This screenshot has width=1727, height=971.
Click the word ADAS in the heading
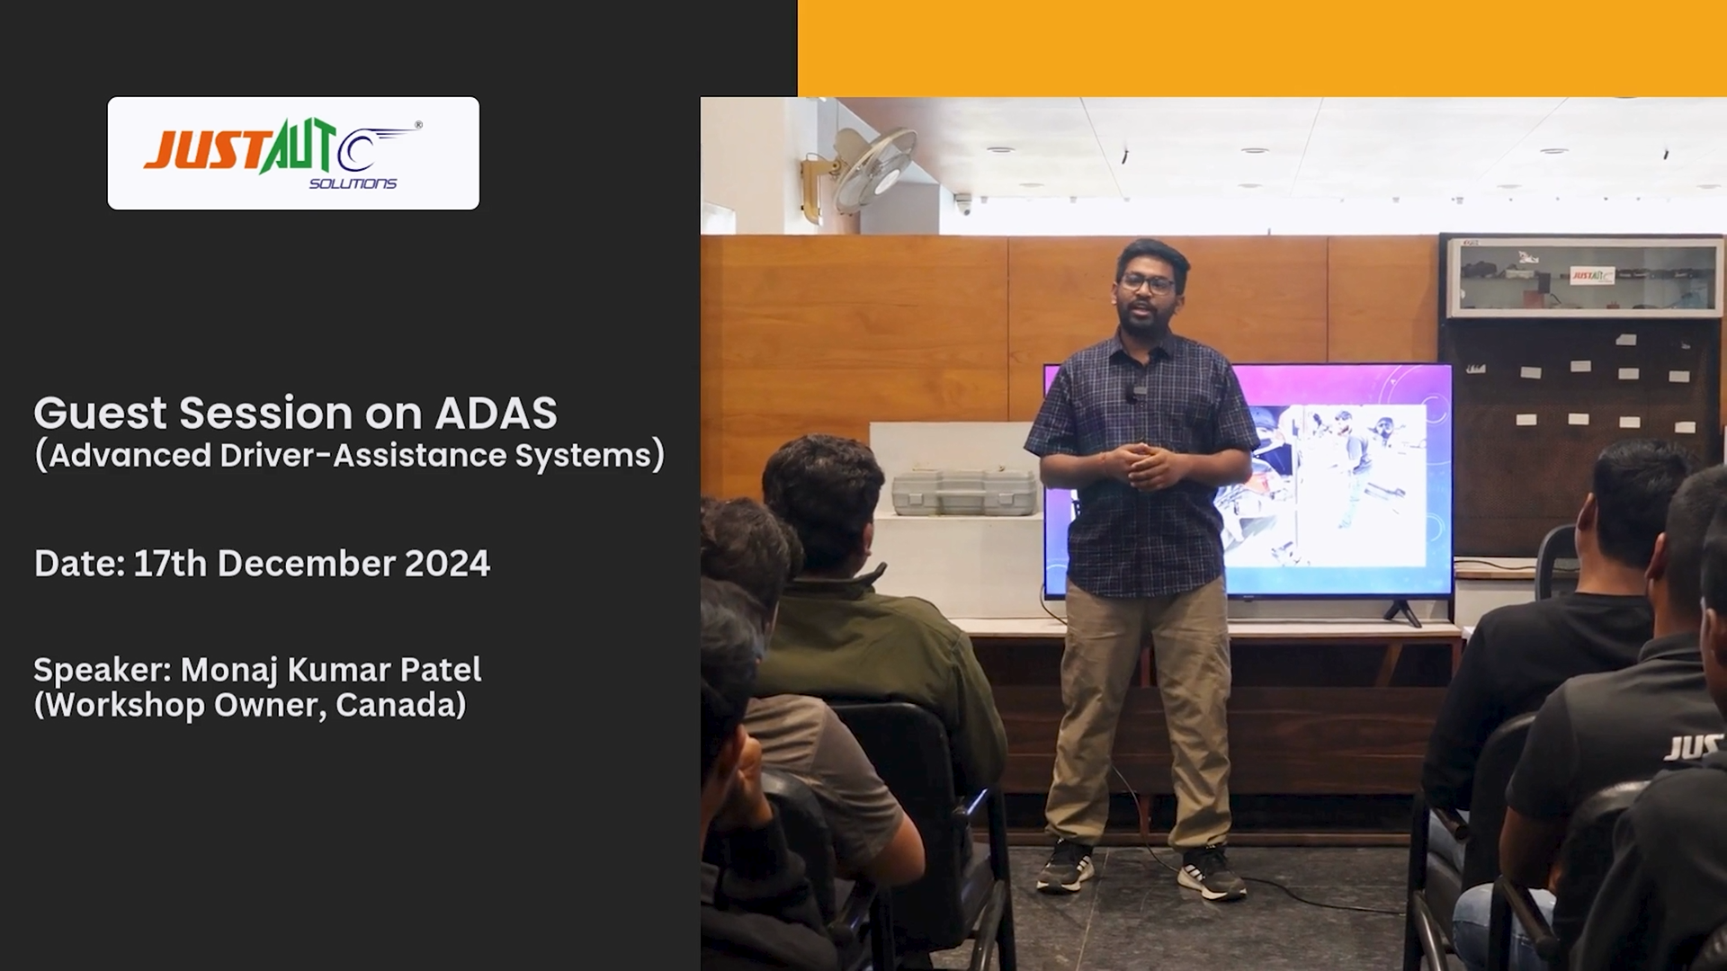pos(496,414)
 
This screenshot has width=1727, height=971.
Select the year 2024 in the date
pos(447,564)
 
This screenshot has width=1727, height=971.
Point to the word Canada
pos(401,705)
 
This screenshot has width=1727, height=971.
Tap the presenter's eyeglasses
pos(1147,283)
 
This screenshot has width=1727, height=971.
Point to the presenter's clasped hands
pos(1141,465)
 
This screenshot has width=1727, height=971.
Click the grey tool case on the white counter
pos(964,492)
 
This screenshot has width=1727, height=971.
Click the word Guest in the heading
pos(101,414)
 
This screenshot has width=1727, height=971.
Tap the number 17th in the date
pos(170,564)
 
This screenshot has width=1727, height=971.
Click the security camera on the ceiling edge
pos(963,204)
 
